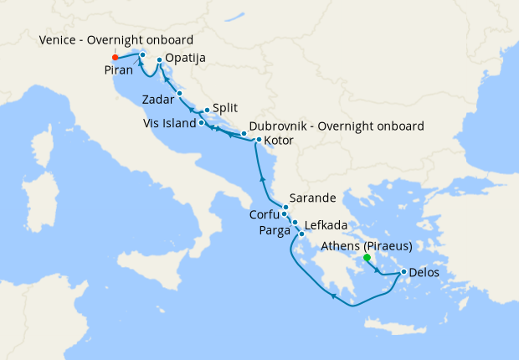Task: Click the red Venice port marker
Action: coord(115,58)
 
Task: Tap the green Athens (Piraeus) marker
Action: coord(367,258)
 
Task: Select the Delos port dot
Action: coord(403,271)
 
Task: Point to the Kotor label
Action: coord(279,141)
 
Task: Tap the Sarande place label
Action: coord(312,199)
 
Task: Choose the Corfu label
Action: coord(265,214)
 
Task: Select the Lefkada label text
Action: coord(325,224)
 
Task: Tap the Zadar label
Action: coord(158,99)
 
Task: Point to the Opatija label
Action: coord(186,59)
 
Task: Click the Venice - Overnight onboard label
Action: coord(116,40)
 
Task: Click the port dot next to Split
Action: coord(207,110)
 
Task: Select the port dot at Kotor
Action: coord(259,140)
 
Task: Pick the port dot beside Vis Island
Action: coord(201,123)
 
